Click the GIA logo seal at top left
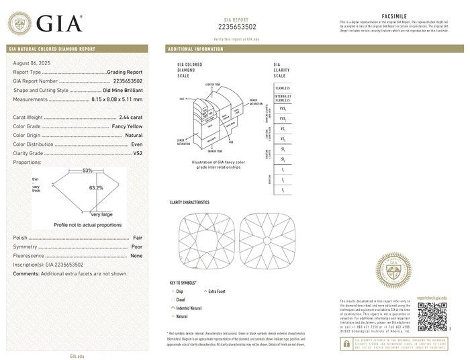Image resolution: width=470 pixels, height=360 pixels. (21, 24)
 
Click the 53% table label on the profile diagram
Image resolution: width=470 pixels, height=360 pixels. (87, 171)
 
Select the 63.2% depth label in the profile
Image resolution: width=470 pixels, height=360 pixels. (96, 188)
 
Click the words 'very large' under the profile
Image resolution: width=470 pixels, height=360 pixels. (101, 214)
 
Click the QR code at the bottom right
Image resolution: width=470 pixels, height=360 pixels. (432, 315)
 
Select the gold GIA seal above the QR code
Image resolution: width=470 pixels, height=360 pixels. (394, 271)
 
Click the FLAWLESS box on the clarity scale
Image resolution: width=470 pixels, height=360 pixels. (283, 88)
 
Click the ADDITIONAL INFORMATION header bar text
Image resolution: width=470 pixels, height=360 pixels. (195, 50)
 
